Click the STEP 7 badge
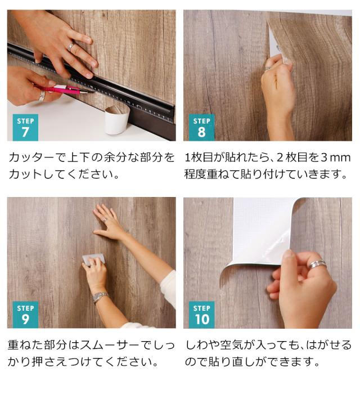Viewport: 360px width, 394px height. (25, 127)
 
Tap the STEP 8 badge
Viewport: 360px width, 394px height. (201, 127)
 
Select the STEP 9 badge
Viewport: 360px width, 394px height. (25, 314)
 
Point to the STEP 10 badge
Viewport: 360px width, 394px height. (201, 314)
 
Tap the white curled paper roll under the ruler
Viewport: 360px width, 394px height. (118, 119)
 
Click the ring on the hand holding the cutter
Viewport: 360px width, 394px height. (42, 96)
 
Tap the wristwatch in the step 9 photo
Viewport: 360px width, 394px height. (100, 297)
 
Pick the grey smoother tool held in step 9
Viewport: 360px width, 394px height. (93, 259)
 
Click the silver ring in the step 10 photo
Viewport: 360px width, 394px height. (317, 263)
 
